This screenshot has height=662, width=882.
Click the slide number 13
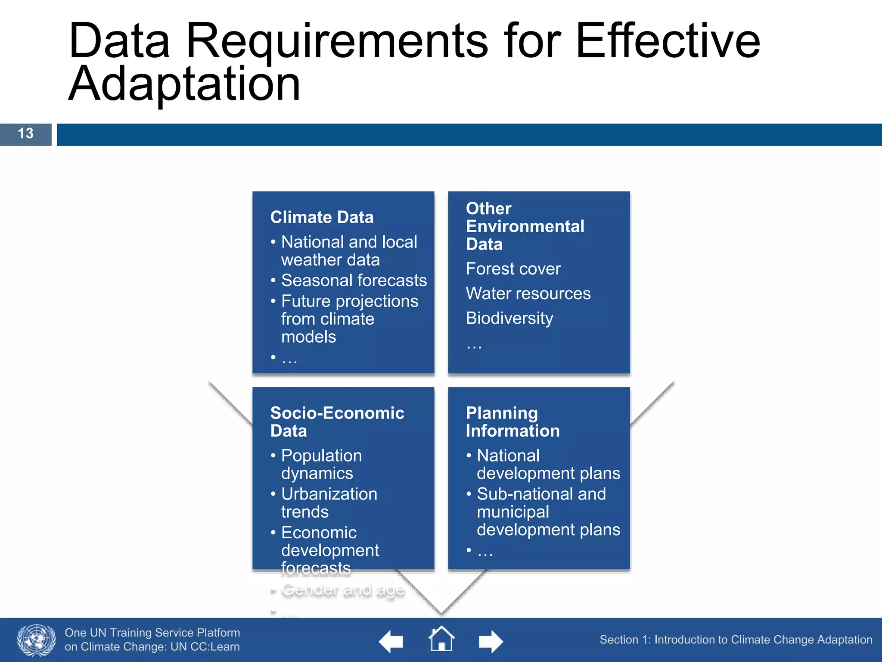pyautogui.click(x=26, y=134)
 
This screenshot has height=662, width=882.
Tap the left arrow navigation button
pyautogui.click(x=391, y=641)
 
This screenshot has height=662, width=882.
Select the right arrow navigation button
pyautogui.click(x=491, y=641)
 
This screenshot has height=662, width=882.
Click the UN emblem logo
pyautogui.click(x=36, y=640)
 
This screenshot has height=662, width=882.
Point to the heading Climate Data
pyautogui.click(x=322, y=217)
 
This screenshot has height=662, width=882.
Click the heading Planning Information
pyautogui.click(x=512, y=422)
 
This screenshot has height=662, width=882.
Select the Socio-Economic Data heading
pyautogui.click(x=337, y=422)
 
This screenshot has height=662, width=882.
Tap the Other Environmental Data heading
pyautogui.click(x=525, y=226)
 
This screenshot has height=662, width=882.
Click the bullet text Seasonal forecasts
pyautogui.click(x=354, y=281)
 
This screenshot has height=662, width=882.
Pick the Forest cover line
pyautogui.click(x=513, y=269)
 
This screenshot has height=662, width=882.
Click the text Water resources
pyautogui.click(x=528, y=294)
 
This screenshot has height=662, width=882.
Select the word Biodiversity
pyautogui.click(x=509, y=319)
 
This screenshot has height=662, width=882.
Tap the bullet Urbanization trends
pyautogui.click(x=329, y=503)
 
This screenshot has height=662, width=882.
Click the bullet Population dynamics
pyautogui.click(x=321, y=465)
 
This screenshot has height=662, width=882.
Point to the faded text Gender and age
pyautogui.click(x=343, y=590)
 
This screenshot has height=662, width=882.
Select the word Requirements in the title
pyautogui.click(x=337, y=41)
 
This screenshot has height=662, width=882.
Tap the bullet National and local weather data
pyautogui.click(x=349, y=251)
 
